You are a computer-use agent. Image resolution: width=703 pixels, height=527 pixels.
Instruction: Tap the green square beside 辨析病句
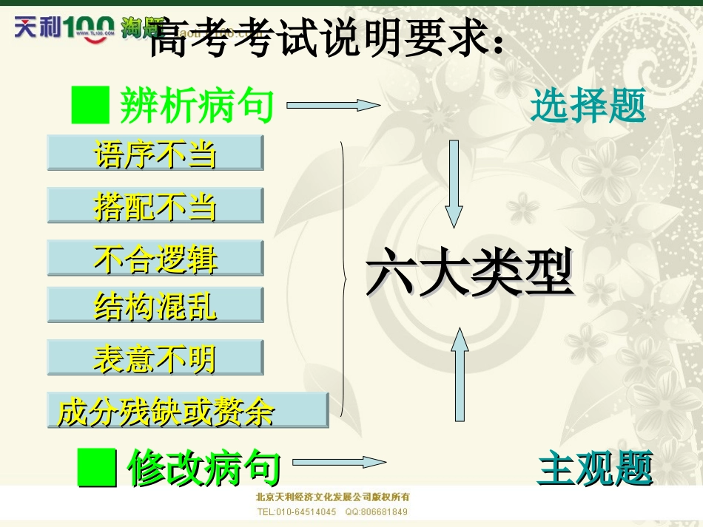tap(90, 105)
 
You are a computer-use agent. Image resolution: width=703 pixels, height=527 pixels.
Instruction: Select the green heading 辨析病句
tap(197, 106)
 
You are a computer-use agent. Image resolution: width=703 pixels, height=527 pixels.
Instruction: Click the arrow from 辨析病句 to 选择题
tap(333, 105)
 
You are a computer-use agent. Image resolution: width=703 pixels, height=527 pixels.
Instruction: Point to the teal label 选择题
tap(588, 106)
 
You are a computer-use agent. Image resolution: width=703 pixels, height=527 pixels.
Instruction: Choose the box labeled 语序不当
tap(155, 153)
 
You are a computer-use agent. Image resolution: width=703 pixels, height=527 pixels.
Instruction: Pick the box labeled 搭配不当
tap(155, 205)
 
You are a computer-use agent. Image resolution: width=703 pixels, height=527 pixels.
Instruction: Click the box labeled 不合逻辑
tap(155, 258)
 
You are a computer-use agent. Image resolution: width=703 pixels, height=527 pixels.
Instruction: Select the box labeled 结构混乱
tap(155, 305)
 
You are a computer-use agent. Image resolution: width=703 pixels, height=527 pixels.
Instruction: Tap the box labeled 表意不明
tap(155, 358)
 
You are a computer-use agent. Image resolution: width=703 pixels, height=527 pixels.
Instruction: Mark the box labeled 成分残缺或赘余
tap(187, 410)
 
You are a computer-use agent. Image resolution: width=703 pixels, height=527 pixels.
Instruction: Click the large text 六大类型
tap(470, 273)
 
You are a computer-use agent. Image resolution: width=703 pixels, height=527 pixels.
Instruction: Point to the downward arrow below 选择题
tap(454, 183)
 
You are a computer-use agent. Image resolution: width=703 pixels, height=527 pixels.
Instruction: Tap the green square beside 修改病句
tap(97, 468)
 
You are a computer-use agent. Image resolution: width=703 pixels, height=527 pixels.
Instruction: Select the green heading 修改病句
tap(204, 468)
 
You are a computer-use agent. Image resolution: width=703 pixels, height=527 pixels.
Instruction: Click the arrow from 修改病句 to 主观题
tap(339, 463)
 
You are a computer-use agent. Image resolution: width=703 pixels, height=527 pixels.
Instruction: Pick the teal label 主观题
tap(595, 469)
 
